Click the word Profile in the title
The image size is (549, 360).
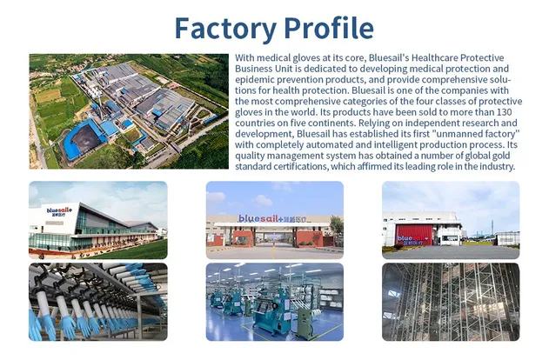click(x=326, y=28)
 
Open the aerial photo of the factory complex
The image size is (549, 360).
click(x=128, y=110)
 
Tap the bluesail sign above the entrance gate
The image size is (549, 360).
click(x=275, y=219)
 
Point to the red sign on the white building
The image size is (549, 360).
click(x=415, y=236)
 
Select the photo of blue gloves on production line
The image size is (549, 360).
click(x=97, y=302)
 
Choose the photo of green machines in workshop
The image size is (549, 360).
click(x=275, y=302)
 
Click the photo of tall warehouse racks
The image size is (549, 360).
click(x=451, y=302)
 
